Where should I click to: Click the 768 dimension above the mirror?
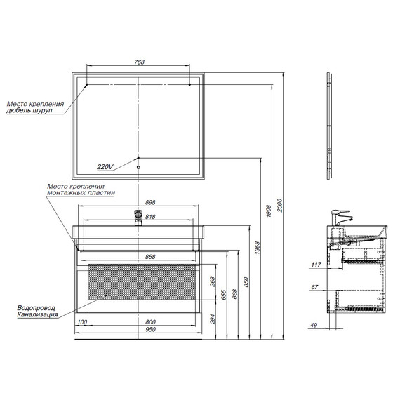[x=139, y=62]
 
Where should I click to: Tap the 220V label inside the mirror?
[x=105, y=167]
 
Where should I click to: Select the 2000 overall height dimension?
[x=280, y=205]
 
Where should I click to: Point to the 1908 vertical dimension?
[x=268, y=211]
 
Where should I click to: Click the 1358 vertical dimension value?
[x=257, y=248]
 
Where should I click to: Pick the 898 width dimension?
[x=150, y=202]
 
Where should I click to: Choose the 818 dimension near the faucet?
[x=150, y=217]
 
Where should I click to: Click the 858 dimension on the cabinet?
[x=150, y=257]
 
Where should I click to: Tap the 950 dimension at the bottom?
[x=150, y=329]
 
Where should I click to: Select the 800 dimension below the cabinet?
[x=150, y=322]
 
